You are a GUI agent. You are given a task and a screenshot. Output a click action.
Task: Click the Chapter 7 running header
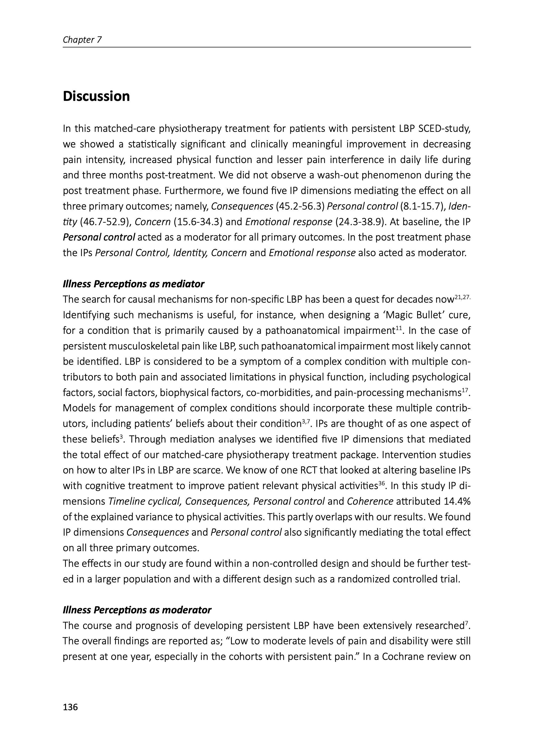tap(82, 40)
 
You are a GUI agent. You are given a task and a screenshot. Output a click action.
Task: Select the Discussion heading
tap(96, 96)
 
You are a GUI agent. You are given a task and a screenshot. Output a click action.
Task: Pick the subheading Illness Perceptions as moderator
tap(137, 610)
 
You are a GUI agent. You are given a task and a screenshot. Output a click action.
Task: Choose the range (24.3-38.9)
tap(359, 222)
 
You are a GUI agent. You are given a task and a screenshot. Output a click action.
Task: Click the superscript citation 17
tap(465, 390)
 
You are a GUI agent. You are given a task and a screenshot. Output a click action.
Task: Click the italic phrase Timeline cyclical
tap(145, 501)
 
